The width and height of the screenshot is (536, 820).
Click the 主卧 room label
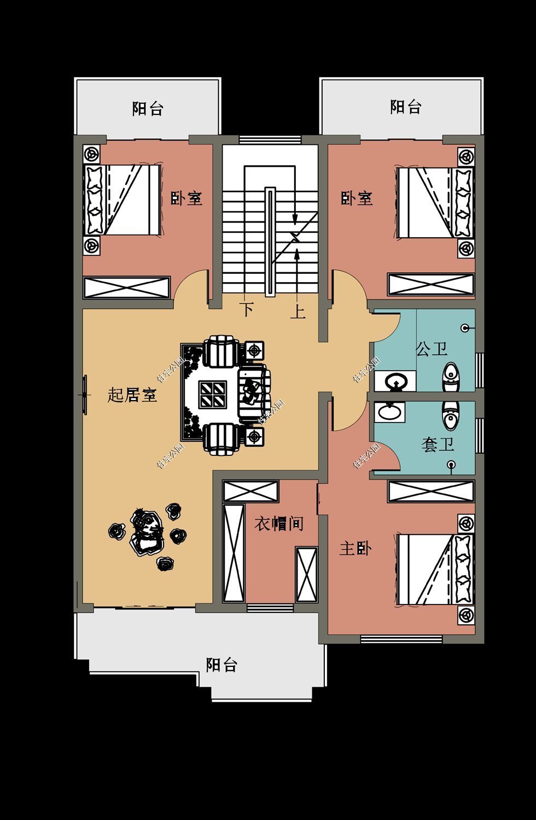point(356,548)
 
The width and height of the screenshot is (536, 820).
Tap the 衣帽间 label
point(279,524)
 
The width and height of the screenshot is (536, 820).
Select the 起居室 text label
point(132,395)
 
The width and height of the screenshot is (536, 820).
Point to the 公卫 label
point(432,349)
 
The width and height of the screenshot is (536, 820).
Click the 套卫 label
point(438,444)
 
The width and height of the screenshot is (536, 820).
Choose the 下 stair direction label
point(248,309)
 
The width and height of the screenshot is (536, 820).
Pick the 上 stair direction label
point(298,312)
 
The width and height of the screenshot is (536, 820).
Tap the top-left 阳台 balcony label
point(148,108)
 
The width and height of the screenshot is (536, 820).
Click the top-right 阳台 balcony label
point(406,107)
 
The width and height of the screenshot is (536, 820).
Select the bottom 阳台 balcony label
point(222,665)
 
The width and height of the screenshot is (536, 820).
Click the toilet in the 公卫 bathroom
point(451,377)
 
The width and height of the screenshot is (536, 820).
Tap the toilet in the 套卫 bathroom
point(450,415)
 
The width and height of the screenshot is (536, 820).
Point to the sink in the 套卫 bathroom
point(390,412)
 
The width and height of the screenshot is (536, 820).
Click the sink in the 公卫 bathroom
point(395,381)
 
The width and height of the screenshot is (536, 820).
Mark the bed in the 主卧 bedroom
point(435,569)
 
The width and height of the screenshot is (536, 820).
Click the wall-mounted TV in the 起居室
point(85,395)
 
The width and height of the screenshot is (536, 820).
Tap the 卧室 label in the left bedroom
point(187,198)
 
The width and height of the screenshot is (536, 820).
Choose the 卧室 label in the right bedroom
point(357,198)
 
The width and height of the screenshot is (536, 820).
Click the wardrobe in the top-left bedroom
point(126,288)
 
